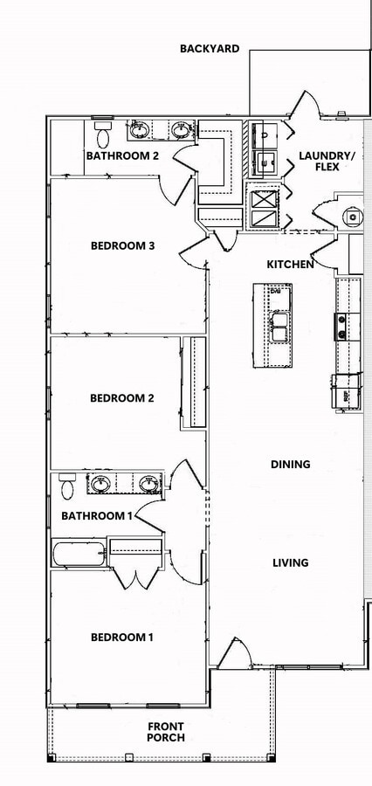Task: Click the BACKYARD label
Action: pyautogui.click(x=210, y=49)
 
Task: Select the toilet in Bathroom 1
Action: pyautogui.click(x=67, y=486)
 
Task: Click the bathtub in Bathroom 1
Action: pyautogui.click(x=79, y=554)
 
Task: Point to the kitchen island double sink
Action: pyautogui.click(x=280, y=331)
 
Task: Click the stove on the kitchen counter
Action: pyautogui.click(x=341, y=327)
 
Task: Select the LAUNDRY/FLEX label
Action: pyautogui.click(x=327, y=162)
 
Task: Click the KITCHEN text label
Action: pyautogui.click(x=290, y=264)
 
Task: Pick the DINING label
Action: pyautogui.click(x=290, y=465)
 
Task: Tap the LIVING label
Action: pyautogui.click(x=290, y=562)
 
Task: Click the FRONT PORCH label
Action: pyautogui.click(x=165, y=732)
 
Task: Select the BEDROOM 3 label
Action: pyautogui.click(x=122, y=245)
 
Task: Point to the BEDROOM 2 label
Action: pyautogui.click(x=122, y=398)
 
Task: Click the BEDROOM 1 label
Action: pyautogui.click(x=122, y=638)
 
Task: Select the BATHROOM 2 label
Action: pyautogui.click(x=122, y=156)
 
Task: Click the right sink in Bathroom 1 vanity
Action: pyautogui.click(x=149, y=483)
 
